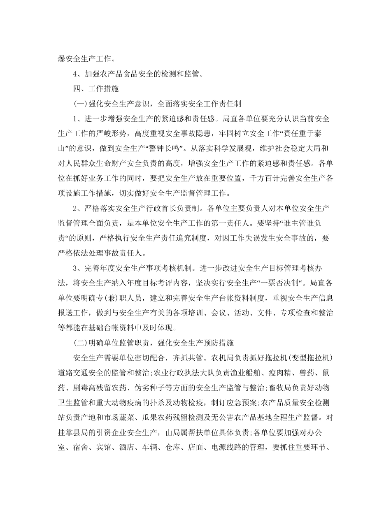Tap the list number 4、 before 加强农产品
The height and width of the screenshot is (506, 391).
point(78,74)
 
